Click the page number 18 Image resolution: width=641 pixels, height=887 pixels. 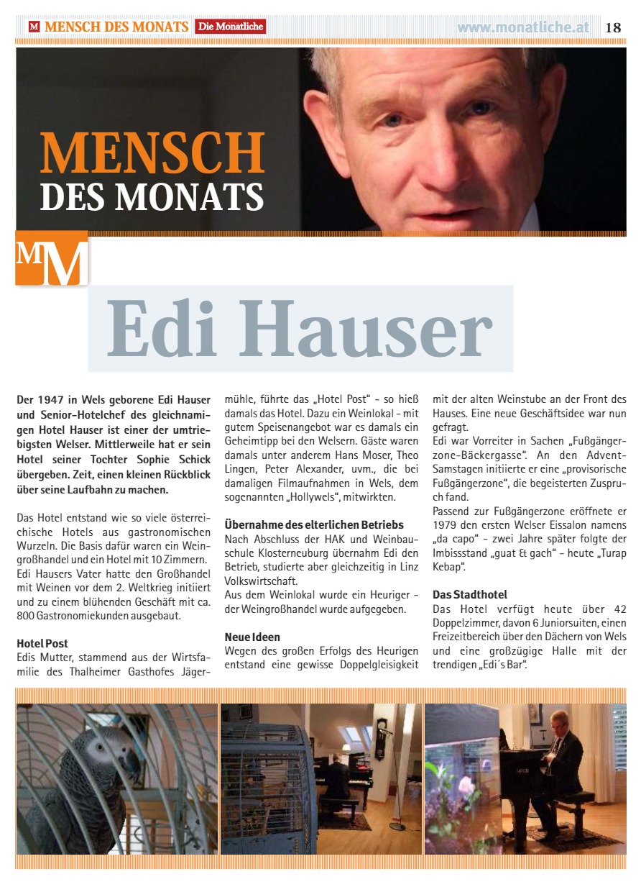coord(613,27)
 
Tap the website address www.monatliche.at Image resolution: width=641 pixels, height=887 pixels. coord(522,27)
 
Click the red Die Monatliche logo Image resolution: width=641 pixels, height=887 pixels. coord(230,27)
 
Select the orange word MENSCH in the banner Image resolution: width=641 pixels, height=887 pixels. coord(152,152)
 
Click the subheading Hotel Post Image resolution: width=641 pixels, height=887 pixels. coord(42,643)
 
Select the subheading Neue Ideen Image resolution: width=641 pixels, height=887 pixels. coord(252,637)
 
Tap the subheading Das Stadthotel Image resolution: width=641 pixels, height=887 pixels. coord(470,595)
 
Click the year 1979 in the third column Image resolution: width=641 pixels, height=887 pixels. coord(447,525)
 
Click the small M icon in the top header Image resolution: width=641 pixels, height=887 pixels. coord(34,27)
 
